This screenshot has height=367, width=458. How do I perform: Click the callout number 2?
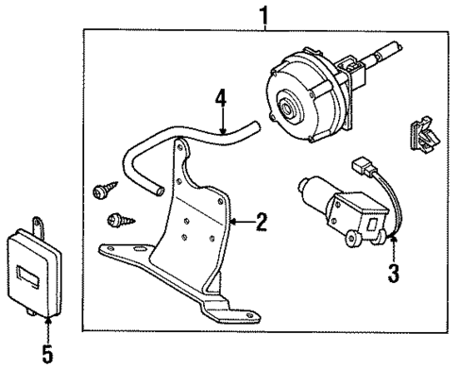263,224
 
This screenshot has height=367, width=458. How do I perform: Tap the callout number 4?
221,99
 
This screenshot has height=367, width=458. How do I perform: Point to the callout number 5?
45,354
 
